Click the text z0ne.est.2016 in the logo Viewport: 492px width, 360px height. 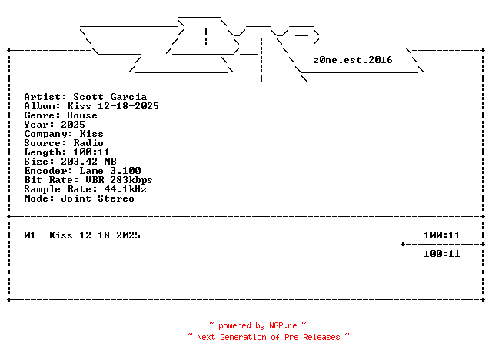(x=353, y=59)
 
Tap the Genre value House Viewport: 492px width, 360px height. (x=82, y=115)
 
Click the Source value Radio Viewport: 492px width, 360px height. (x=88, y=143)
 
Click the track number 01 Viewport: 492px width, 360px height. (x=30, y=235)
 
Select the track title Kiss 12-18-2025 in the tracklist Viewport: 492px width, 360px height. (x=95, y=235)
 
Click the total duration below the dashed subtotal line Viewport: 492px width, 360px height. (x=442, y=254)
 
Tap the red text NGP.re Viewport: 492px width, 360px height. (x=283, y=326)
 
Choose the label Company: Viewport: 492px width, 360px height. (x=48, y=134)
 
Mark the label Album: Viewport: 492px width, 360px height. (x=42, y=106)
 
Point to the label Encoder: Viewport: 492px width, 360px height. (x=48, y=171)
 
